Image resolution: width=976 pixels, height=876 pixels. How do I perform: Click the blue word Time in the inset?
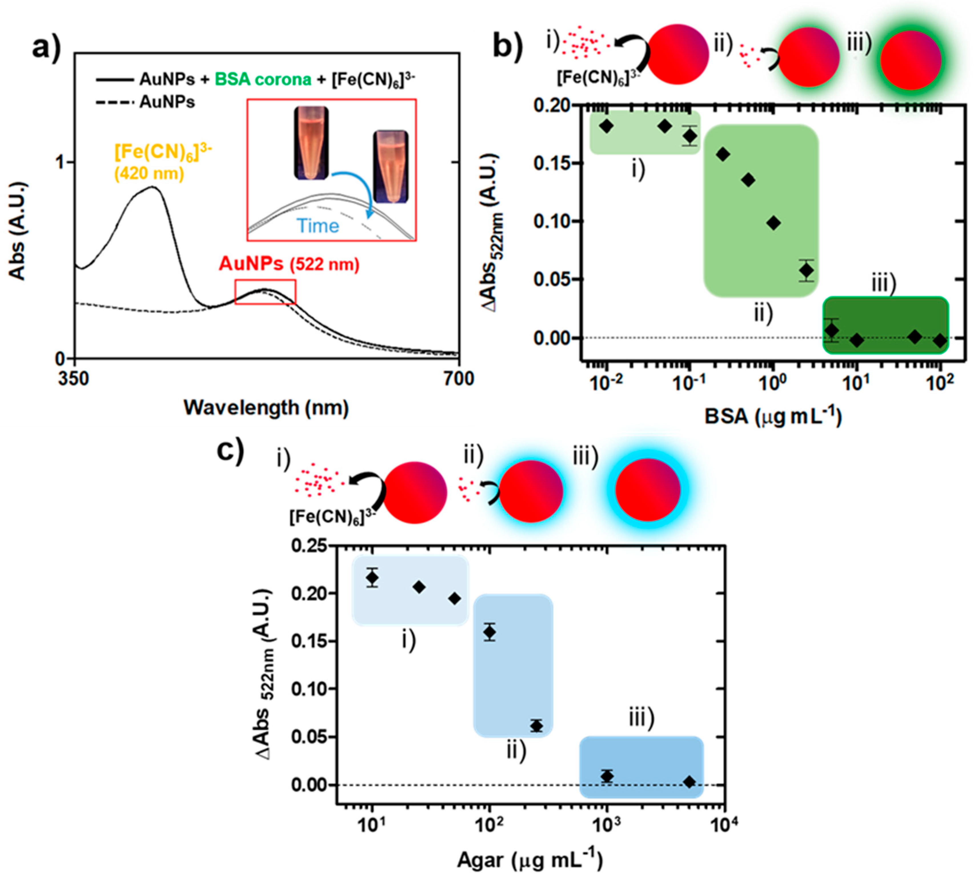(318, 226)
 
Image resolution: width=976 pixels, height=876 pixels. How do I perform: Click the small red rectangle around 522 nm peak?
(265, 292)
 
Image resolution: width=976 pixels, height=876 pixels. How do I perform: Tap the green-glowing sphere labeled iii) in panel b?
(911, 60)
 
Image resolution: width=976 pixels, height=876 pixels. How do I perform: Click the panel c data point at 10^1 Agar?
(372, 577)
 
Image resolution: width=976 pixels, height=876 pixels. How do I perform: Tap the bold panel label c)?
(231, 451)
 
